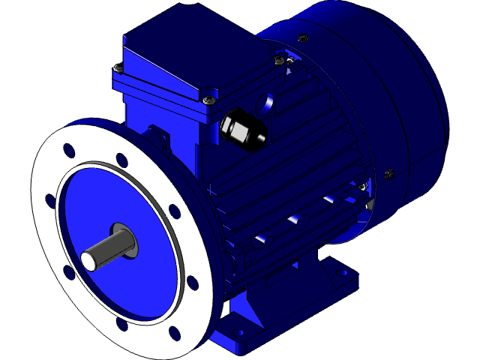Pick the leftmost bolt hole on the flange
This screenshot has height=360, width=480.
pos(50,200)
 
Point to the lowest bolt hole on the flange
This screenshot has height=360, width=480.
pos(175,332)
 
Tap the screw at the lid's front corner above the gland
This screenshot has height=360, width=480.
pos(208,97)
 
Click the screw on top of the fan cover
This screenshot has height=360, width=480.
pos(302,38)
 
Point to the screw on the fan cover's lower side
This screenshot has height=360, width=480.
pos(388,174)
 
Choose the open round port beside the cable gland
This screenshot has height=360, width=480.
pos(268,101)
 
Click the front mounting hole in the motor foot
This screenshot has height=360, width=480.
pos(241,331)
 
